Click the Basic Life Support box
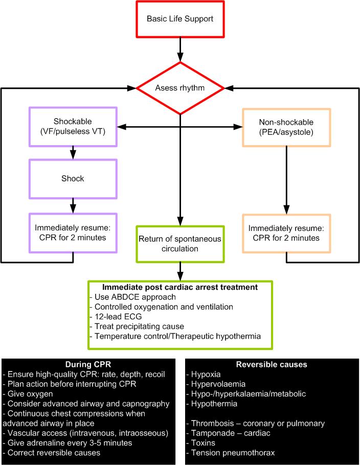tap(181, 19)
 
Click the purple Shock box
tap(73, 179)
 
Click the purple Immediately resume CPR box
tap(73, 233)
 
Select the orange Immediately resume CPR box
tap(286, 233)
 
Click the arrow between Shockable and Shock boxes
tap(73, 152)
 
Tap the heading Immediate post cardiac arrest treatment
tap(181, 288)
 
